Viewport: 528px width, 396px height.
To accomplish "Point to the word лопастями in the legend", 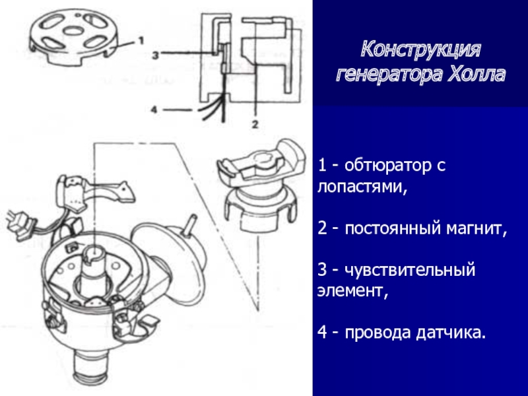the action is (x=362, y=187).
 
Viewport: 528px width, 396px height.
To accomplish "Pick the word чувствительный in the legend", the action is (x=410, y=271).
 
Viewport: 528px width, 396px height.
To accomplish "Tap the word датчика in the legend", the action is (x=451, y=333).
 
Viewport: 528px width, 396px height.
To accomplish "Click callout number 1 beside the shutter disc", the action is (x=141, y=41).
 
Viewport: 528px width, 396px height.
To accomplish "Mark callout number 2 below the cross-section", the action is (x=255, y=124).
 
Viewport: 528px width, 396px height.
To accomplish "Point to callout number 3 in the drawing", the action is (x=155, y=55).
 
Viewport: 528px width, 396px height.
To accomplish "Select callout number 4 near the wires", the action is (x=154, y=110).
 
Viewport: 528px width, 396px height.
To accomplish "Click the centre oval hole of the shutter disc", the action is (x=74, y=31).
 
